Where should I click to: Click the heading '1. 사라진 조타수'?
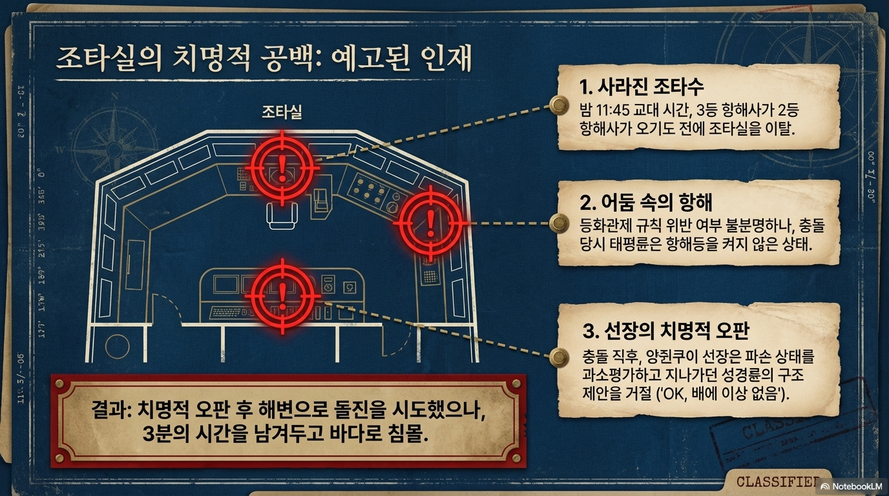642,87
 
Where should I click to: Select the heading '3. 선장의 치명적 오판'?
665,331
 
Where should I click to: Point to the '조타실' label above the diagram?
282,112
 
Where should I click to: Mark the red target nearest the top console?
282,165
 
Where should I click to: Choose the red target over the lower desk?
282,293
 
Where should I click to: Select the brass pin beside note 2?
558,223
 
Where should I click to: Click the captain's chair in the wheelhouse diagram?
282,213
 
